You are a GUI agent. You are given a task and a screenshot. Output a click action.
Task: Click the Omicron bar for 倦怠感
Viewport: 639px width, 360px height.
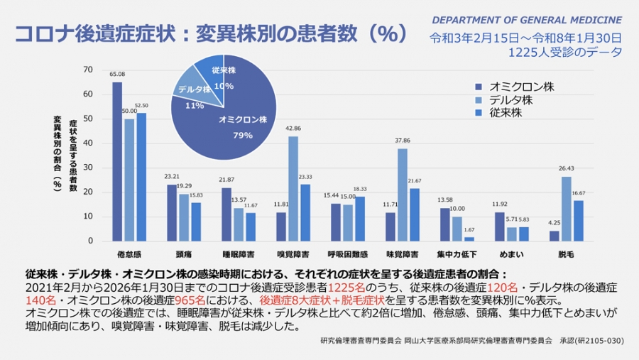pyautogui.click(x=117, y=162)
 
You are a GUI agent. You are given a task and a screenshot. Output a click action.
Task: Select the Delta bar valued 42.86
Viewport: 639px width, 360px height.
pyautogui.click(x=293, y=189)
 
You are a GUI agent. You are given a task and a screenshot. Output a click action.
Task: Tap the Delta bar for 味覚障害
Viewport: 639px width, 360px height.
pyautogui.click(x=403, y=195)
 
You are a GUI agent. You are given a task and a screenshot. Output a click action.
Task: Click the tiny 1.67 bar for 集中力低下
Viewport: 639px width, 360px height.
pyautogui.click(x=469, y=239)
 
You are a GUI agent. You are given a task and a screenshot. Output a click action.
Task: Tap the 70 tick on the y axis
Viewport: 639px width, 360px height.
pyautogui.click(x=88, y=70)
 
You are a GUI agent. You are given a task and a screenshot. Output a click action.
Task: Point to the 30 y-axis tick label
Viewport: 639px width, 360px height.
pyautogui.click(x=88, y=168)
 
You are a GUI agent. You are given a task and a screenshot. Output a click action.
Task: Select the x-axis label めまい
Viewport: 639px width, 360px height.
pyautogui.click(x=511, y=253)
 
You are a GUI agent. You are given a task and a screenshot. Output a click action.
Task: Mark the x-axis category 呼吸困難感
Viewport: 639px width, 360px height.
pyautogui.click(x=347, y=253)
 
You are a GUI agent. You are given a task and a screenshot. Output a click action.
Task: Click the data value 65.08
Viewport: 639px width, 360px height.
pyautogui.click(x=117, y=74)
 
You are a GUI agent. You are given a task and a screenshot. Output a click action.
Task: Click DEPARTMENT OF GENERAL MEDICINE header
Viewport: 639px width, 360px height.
pyautogui.click(x=527, y=19)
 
